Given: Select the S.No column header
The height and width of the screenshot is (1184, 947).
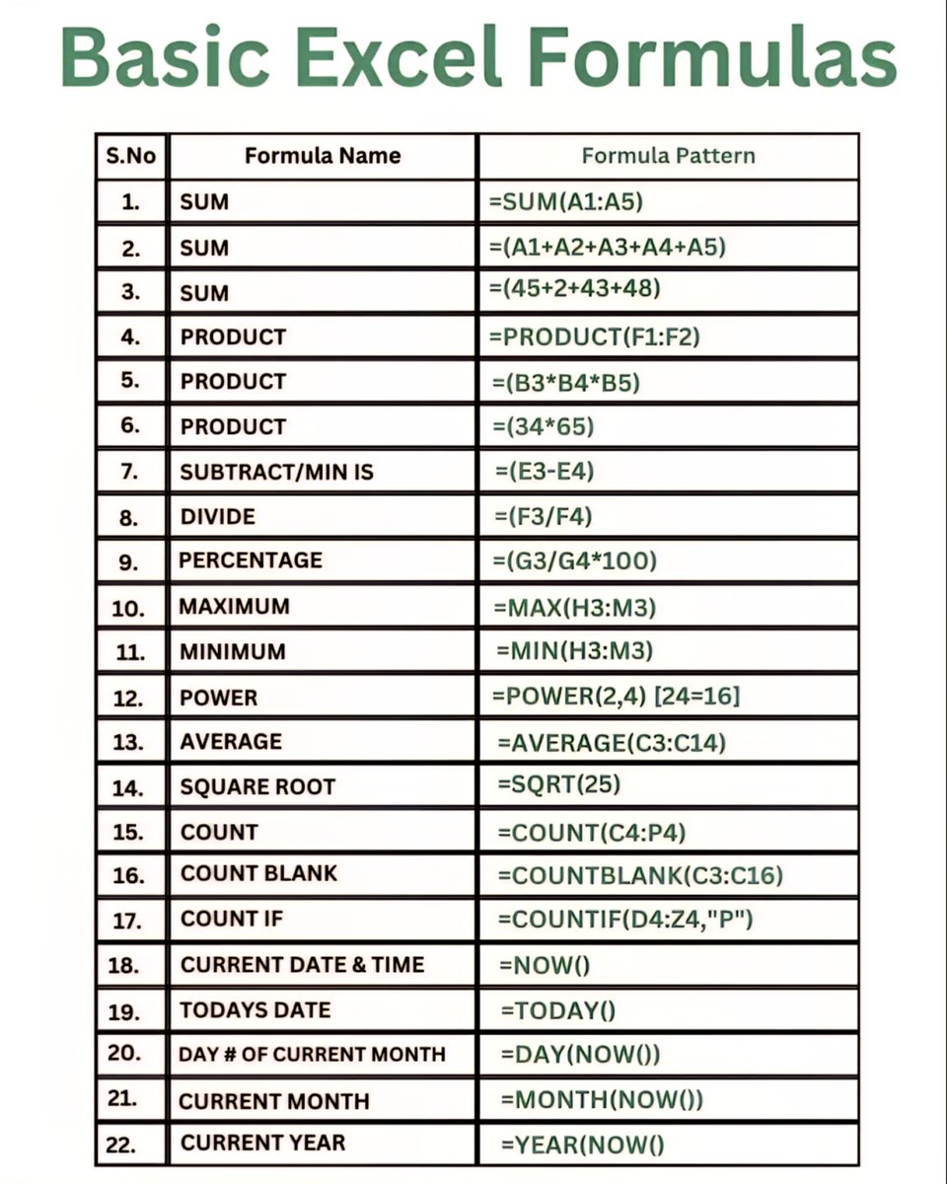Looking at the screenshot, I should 130,156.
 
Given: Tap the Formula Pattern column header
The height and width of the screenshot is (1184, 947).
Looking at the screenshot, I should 668,156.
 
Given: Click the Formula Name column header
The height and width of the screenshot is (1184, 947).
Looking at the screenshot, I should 323,156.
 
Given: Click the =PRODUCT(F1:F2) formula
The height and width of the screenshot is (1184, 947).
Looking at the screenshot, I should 594,336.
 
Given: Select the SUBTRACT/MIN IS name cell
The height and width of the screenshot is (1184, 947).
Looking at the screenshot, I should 277,472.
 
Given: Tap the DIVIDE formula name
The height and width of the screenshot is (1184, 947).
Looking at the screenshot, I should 217,517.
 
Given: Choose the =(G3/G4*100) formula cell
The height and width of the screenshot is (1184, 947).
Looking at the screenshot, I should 573,560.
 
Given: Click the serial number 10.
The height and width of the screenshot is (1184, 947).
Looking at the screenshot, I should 129,608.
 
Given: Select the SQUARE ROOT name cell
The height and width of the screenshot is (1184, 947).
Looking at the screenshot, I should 257,787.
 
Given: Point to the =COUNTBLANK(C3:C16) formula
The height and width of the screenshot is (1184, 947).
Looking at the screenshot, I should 641,874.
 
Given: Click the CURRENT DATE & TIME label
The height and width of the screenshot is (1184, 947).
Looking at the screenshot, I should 302,965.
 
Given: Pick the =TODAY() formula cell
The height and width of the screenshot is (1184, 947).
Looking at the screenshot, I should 557,1009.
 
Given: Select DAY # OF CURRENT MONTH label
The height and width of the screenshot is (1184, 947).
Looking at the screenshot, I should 312,1054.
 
